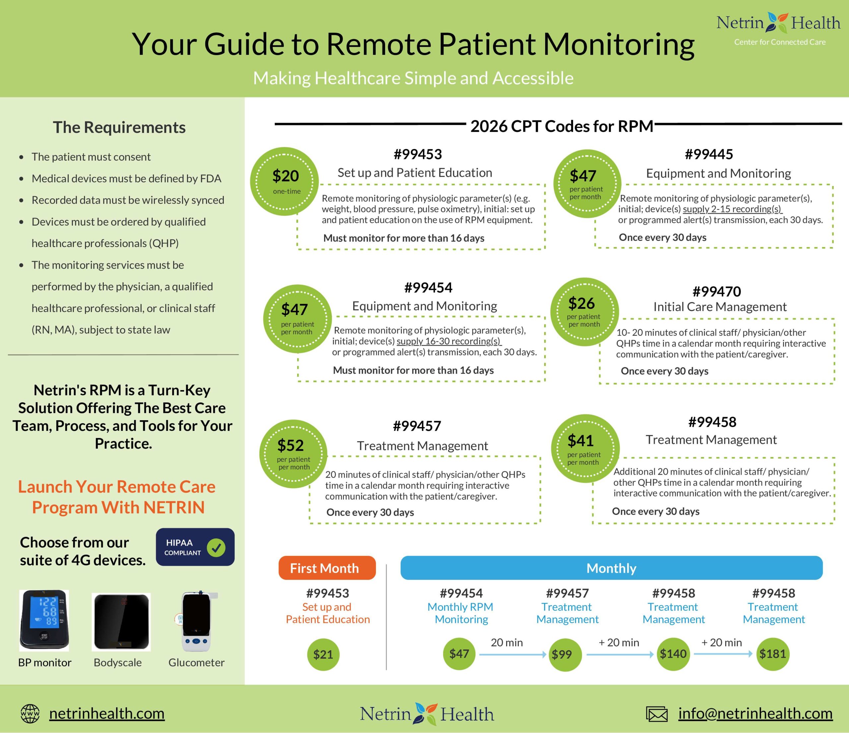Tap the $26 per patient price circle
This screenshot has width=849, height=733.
click(584, 312)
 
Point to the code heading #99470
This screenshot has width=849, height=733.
click(717, 291)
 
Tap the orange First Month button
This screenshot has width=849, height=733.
click(327, 568)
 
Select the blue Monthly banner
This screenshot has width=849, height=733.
click(611, 568)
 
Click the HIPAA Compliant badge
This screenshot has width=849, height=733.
click(195, 547)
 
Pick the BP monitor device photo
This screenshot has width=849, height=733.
click(44, 620)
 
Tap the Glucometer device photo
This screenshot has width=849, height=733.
click(196, 621)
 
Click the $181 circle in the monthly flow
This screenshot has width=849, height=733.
click(772, 654)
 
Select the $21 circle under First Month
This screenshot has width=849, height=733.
click(323, 654)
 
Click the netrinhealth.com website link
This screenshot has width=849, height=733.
click(106, 713)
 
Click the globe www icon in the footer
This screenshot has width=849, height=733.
click(30, 714)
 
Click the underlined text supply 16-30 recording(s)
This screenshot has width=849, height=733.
click(449, 341)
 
